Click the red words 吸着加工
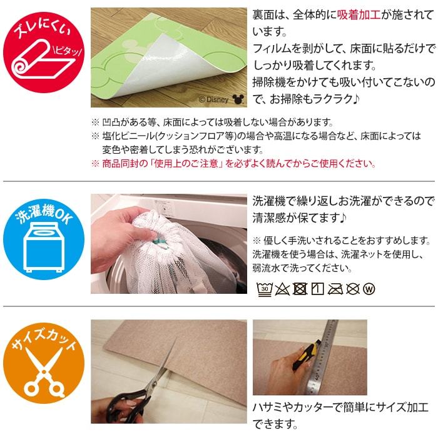tap(359, 15)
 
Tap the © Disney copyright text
tap(214, 99)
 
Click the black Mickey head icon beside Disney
tap(238, 99)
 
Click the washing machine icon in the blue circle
tap(44, 247)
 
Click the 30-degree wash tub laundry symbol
tap(264, 289)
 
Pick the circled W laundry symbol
tap(369, 289)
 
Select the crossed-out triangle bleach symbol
tap(282, 289)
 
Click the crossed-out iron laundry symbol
tap(335, 289)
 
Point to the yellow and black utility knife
tap(306, 354)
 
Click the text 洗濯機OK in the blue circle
tap(44, 215)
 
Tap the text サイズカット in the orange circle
tap(44, 339)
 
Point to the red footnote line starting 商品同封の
tap(233, 163)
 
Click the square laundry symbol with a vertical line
tap(318, 289)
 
